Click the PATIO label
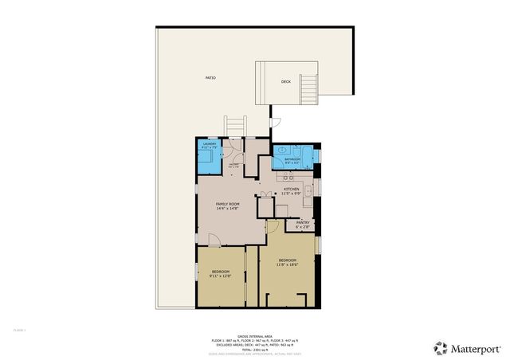click(x=210, y=78)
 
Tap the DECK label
click(x=285, y=82)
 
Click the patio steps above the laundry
click(x=235, y=127)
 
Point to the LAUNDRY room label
click(x=209, y=144)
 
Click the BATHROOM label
click(x=292, y=159)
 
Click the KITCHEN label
click(x=292, y=189)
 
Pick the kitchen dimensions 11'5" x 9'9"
click(x=292, y=194)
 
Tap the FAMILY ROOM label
click(x=228, y=205)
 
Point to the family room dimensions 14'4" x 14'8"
click(x=228, y=209)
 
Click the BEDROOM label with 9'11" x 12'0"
click(x=220, y=272)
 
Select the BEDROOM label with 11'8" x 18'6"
click(x=287, y=260)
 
